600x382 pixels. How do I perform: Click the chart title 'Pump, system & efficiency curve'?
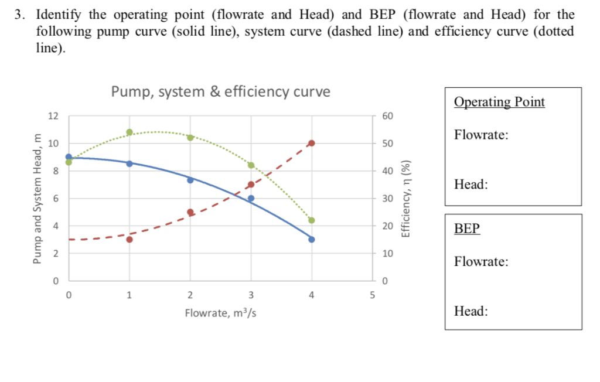(220, 91)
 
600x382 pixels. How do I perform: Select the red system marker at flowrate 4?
(312, 143)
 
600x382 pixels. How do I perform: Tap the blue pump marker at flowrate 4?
(312, 239)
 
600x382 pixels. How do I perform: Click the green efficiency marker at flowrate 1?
(129, 132)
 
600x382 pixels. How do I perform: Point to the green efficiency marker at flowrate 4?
(312, 220)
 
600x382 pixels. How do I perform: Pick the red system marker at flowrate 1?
(129, 239)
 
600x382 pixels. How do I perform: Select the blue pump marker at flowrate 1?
(129, 163)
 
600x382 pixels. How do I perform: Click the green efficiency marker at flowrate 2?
(190, 137)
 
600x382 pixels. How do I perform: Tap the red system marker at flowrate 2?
(190, 212)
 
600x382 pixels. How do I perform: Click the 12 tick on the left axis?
(53, 116)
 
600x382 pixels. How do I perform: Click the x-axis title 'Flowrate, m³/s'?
(220, 313)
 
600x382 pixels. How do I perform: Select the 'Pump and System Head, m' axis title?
(39, 198)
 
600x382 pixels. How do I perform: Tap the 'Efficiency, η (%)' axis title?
(404, 198)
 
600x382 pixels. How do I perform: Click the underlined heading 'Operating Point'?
(499, 102)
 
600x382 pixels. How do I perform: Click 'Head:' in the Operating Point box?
(471, 185)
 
